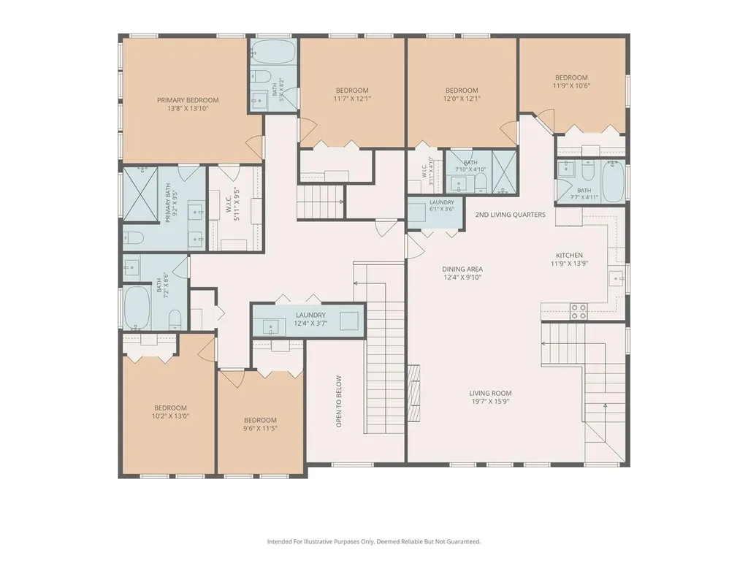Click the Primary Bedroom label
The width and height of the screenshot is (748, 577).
[x=188, y=100]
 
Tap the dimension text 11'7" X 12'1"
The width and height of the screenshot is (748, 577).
[x=352, y=99]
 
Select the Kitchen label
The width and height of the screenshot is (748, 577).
[x=569, y=255]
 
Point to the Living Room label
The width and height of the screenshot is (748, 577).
[x=490, y=393]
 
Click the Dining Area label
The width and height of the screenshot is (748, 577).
[x=462, y=269]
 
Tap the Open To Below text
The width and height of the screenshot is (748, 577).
[x=339, y=401]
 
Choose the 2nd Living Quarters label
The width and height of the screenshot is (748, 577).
[x=511, y=215]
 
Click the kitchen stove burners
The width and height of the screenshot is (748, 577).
[x=579, y=311]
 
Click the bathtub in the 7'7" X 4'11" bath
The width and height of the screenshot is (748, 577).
[x=614, y=182]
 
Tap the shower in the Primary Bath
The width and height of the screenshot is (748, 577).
[x=140, y=194]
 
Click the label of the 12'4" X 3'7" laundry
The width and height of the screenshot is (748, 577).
[x=310, y=316]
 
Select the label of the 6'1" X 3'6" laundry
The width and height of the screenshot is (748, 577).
[x=442, y=202]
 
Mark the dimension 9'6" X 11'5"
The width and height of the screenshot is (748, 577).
[x=260, y=428]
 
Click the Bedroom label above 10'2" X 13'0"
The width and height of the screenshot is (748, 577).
[x=170, y=408]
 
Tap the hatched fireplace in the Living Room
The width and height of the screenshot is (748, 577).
[x=414, y=394]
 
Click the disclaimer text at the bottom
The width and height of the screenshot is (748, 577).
[x=374, y=542]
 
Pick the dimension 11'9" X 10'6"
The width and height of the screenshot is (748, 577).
[x=571, y=86]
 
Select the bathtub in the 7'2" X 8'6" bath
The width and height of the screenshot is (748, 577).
[x=137, y=307]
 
